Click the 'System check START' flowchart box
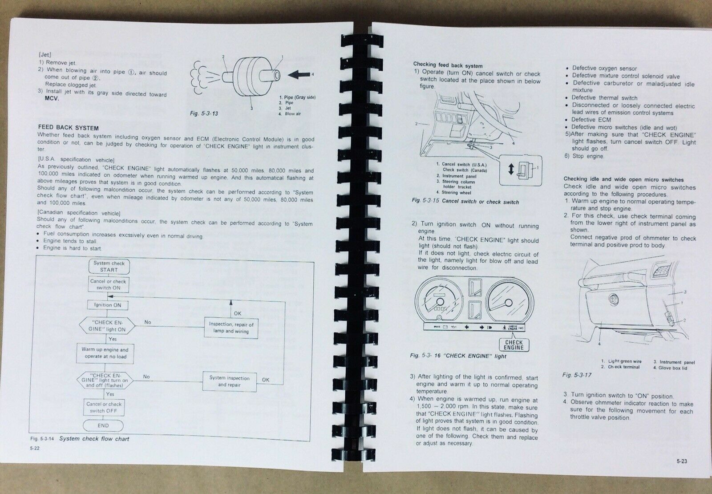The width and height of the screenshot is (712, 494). (x=109, y=267)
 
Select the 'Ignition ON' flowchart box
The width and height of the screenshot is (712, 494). (x=108, y=305)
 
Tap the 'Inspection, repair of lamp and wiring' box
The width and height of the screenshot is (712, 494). (x=231, y=328)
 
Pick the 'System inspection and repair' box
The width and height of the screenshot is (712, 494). (x=230, y=381)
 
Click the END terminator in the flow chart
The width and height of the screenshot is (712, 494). (x=103, y=425)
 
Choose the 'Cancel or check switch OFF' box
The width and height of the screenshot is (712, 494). (x=104, y=408)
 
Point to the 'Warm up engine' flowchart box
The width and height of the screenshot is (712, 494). (x=105, y=353)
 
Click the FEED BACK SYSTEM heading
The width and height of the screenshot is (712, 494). (x=69, y=128)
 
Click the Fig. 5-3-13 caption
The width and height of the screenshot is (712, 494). (x=204, y=113)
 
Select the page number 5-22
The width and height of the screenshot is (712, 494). (x=35, y=448)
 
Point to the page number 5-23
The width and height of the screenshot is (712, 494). (x=682, y=461)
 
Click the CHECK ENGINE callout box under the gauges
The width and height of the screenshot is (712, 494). (x=514, y=344)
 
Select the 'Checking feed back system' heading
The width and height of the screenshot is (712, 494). (x=448, y=65)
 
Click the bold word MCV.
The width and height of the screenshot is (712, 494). (x=52, y=98)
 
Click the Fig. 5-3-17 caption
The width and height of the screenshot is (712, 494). (x=577, y=375)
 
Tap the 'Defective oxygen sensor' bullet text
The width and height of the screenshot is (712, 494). (x=604, y=69)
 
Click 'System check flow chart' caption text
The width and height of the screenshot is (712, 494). (x=94, y=439)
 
